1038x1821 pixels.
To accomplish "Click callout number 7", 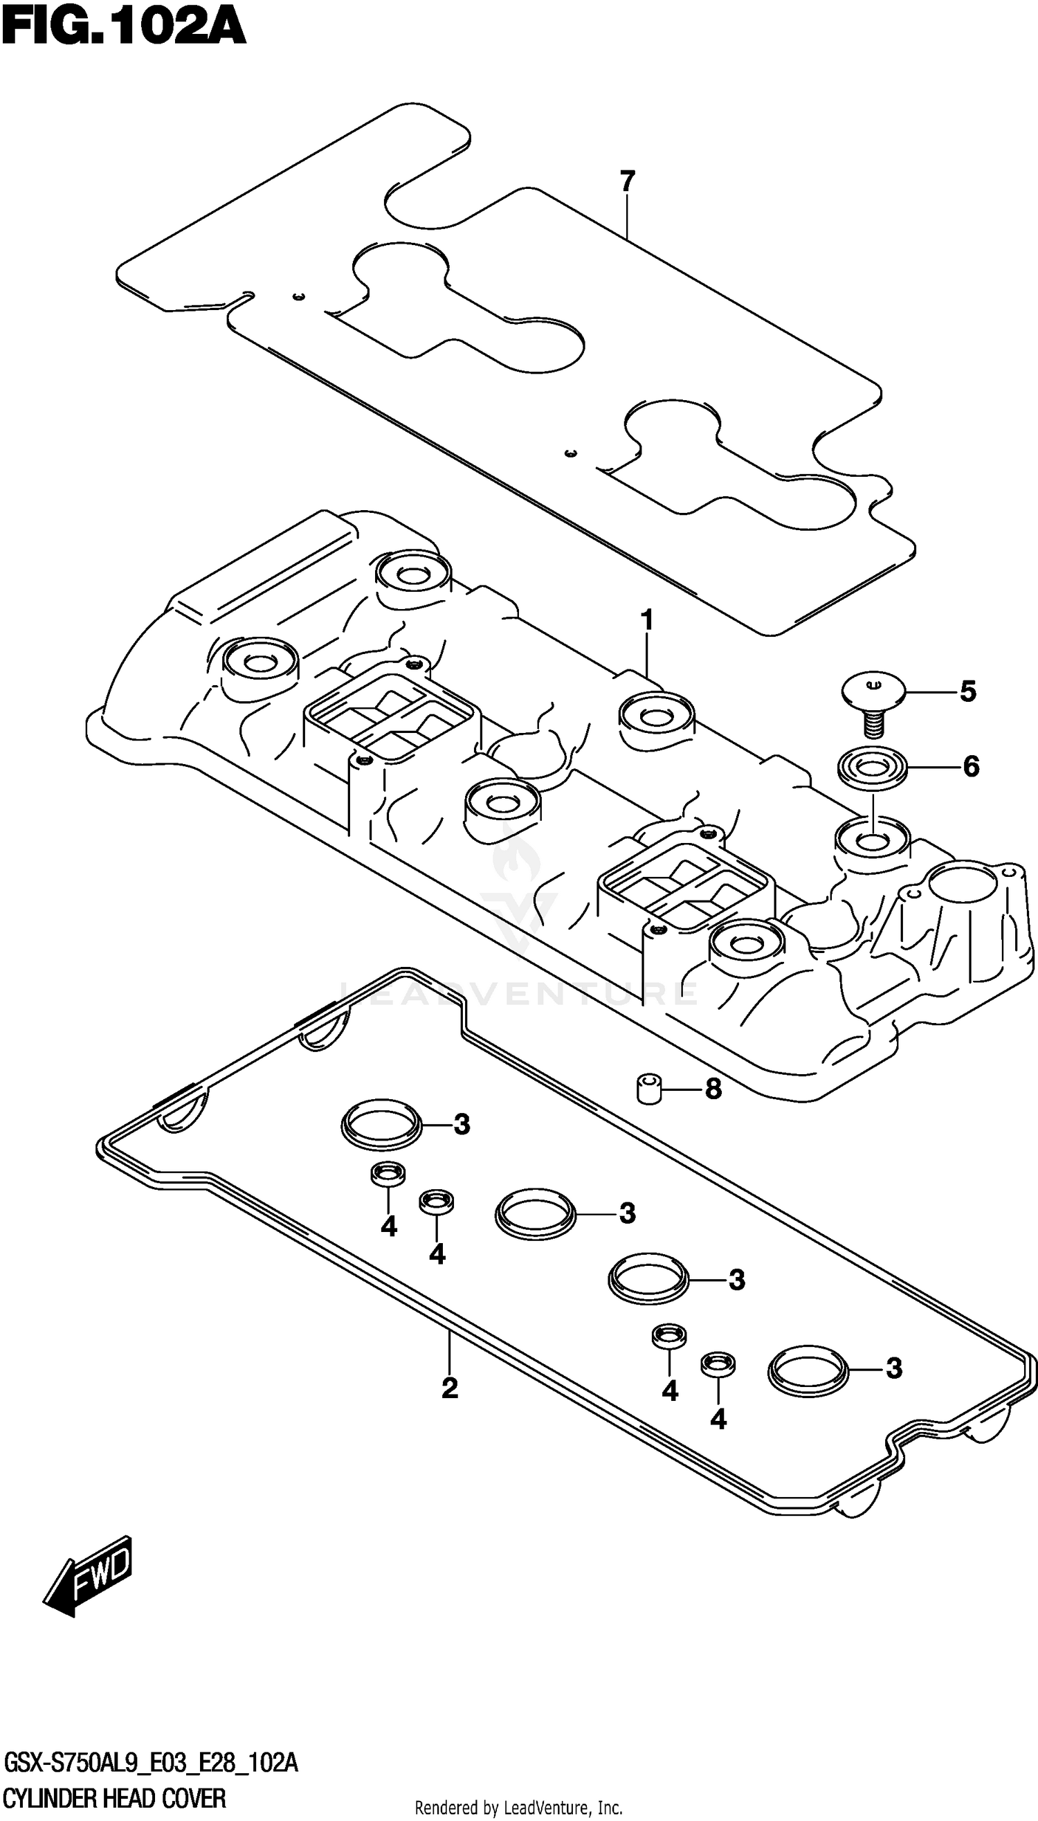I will click(x=627, y=182).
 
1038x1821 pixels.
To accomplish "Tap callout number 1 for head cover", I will click(x=646, y=621).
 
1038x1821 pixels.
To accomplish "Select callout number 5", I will click(x=967, y=691).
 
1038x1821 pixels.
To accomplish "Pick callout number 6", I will click(x=970, y=766).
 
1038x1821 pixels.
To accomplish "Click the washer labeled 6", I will click(x=872, y=769).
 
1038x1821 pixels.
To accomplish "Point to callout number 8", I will click(x=713, y=1089).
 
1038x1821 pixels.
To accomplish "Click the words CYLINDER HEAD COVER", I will click(x=114, y=1798).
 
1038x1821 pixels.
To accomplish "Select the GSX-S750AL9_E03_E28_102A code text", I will click(x=151, y=1764).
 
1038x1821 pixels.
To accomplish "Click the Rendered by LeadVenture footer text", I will click(x=518, y=1807).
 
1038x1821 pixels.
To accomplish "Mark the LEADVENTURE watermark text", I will click(x=518, y=993).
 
